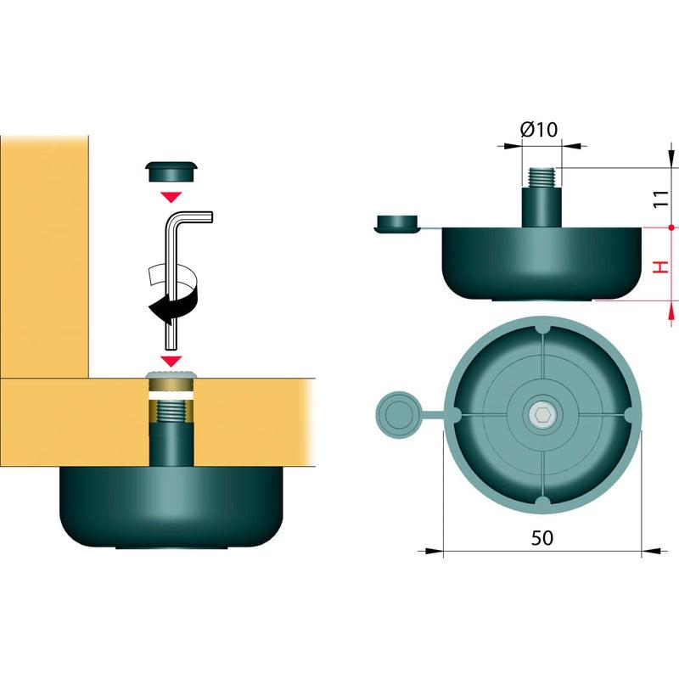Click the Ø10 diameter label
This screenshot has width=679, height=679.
(x=539, y=130)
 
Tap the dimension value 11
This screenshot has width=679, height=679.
(x=661, y=199)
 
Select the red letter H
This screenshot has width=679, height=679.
(x=661, y=267)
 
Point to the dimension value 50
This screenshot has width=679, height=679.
(x=542, y=537)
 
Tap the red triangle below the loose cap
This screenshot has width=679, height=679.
(x=171, y=197)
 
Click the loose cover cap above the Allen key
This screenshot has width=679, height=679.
(x=172, y=171)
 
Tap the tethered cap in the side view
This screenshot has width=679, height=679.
(x=396, y=223)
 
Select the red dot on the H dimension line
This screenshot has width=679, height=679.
(x=671, y=227)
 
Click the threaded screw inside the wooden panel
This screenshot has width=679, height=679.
(x=171, y=412)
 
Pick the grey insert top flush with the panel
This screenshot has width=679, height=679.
(x=171, y=374)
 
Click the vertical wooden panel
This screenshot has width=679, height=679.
(x=44, y=256)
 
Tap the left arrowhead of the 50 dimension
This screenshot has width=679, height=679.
(x=430, y=551)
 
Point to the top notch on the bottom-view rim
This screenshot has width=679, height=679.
(x=543, y=328)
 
